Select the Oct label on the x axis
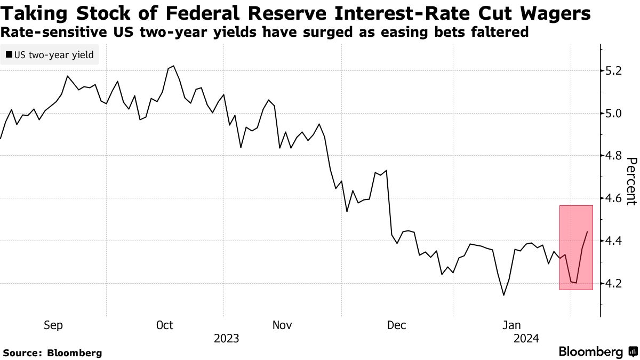coord(165,325)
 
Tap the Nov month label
coord(282,325)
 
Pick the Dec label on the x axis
coord(396,325)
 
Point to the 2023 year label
coord(226,339)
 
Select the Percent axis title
coord(631,181)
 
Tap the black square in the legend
coord(9,54)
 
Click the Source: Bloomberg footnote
coord(52,353)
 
